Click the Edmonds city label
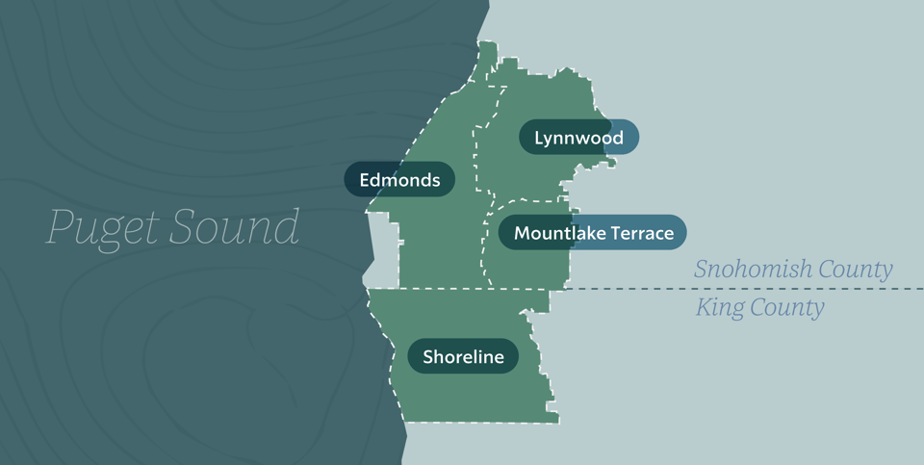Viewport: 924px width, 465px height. click(x=399, y=179)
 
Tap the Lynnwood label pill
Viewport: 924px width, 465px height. click(x=578, y=137)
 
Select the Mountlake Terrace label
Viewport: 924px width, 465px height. click(x=593, y=232)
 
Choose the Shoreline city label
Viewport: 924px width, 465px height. click(x=463, y=357)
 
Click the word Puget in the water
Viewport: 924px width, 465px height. click(x=101, y=229)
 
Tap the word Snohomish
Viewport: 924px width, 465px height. click(x=754, y=270)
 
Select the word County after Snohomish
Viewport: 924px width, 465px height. click(x=856, y=270)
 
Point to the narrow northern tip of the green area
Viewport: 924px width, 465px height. click(x=488, y=53)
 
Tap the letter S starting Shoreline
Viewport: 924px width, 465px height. click(x=427, y=357)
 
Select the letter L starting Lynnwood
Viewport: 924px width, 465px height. click(x=539, y=137)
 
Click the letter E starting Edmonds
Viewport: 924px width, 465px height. click(x=365, y=179)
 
